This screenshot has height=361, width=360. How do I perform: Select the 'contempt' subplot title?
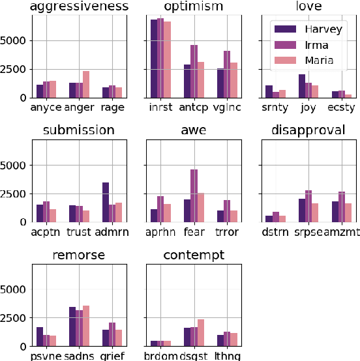(185, 255)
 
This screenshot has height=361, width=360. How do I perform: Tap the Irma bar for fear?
(194, 195)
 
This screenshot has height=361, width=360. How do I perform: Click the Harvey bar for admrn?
(106, 202)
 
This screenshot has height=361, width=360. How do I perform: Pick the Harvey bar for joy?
(301, 85)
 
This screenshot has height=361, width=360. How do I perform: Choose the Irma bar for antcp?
(194, 71)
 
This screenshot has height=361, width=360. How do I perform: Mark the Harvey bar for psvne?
(40, 336)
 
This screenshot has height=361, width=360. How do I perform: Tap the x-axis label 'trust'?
(80, 231)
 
